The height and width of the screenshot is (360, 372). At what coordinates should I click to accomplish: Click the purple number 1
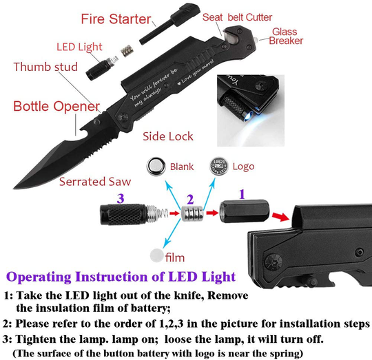(241, 195)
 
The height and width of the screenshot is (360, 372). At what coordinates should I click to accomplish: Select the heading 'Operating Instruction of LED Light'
(131, 277)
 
